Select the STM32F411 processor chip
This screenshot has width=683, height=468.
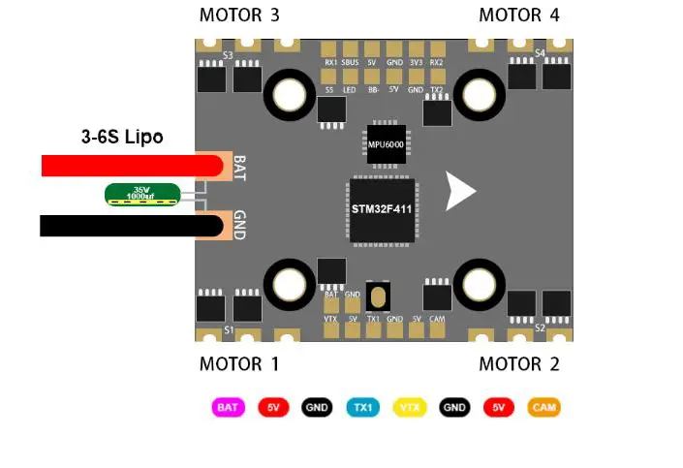point(382,208)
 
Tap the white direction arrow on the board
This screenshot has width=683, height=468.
point(459,191)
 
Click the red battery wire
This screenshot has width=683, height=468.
point(126,166)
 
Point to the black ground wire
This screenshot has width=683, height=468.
point(126,226)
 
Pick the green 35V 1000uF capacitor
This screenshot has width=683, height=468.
point(142,195)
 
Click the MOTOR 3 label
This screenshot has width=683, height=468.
point(239,16)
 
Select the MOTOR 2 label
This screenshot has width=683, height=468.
point(519,364)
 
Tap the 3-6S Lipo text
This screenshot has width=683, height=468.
point(122,138)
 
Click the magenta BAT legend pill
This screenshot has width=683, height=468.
point(228,408)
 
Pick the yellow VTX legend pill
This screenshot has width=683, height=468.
point(409,408)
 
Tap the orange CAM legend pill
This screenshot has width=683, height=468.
point(544,408)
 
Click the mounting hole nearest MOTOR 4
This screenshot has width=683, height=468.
point(478,95)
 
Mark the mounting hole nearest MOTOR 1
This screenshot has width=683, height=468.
point(288,284)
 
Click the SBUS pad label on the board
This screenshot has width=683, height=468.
point(350,62)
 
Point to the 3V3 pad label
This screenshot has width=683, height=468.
point(415,62)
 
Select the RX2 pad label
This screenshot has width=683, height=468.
point(437,62)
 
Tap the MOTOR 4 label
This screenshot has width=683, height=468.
point(519,16)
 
